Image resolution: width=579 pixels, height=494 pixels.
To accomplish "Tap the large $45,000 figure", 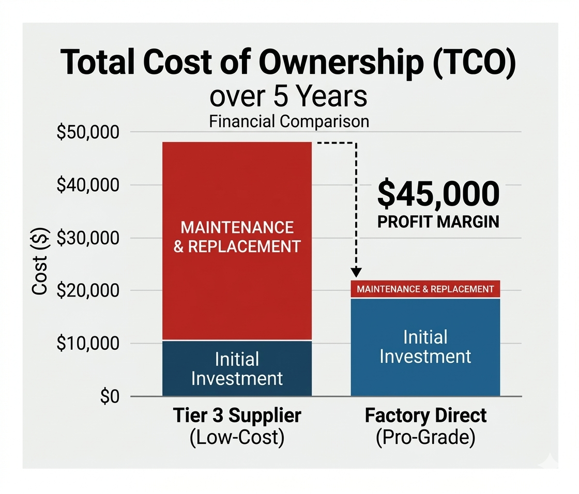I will (438, 194).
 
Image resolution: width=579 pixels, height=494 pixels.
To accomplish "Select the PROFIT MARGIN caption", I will (438, 222).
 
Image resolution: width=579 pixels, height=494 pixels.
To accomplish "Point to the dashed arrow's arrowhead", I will (356, 272).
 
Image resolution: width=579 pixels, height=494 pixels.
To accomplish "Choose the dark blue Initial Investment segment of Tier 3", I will (237, 368).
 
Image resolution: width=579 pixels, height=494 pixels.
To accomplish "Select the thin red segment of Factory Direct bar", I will (425, 289).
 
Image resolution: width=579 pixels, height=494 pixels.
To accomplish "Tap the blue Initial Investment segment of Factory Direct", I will (425, 347).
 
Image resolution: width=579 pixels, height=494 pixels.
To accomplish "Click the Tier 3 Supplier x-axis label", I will (237, 415).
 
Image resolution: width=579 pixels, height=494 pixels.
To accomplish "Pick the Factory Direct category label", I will (425, 415).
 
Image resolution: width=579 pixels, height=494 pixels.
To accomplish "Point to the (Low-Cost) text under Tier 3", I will (237, 438).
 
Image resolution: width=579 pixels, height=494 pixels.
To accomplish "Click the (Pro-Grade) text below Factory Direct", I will (425, 438).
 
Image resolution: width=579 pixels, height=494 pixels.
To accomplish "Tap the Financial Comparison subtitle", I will (289, 121).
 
